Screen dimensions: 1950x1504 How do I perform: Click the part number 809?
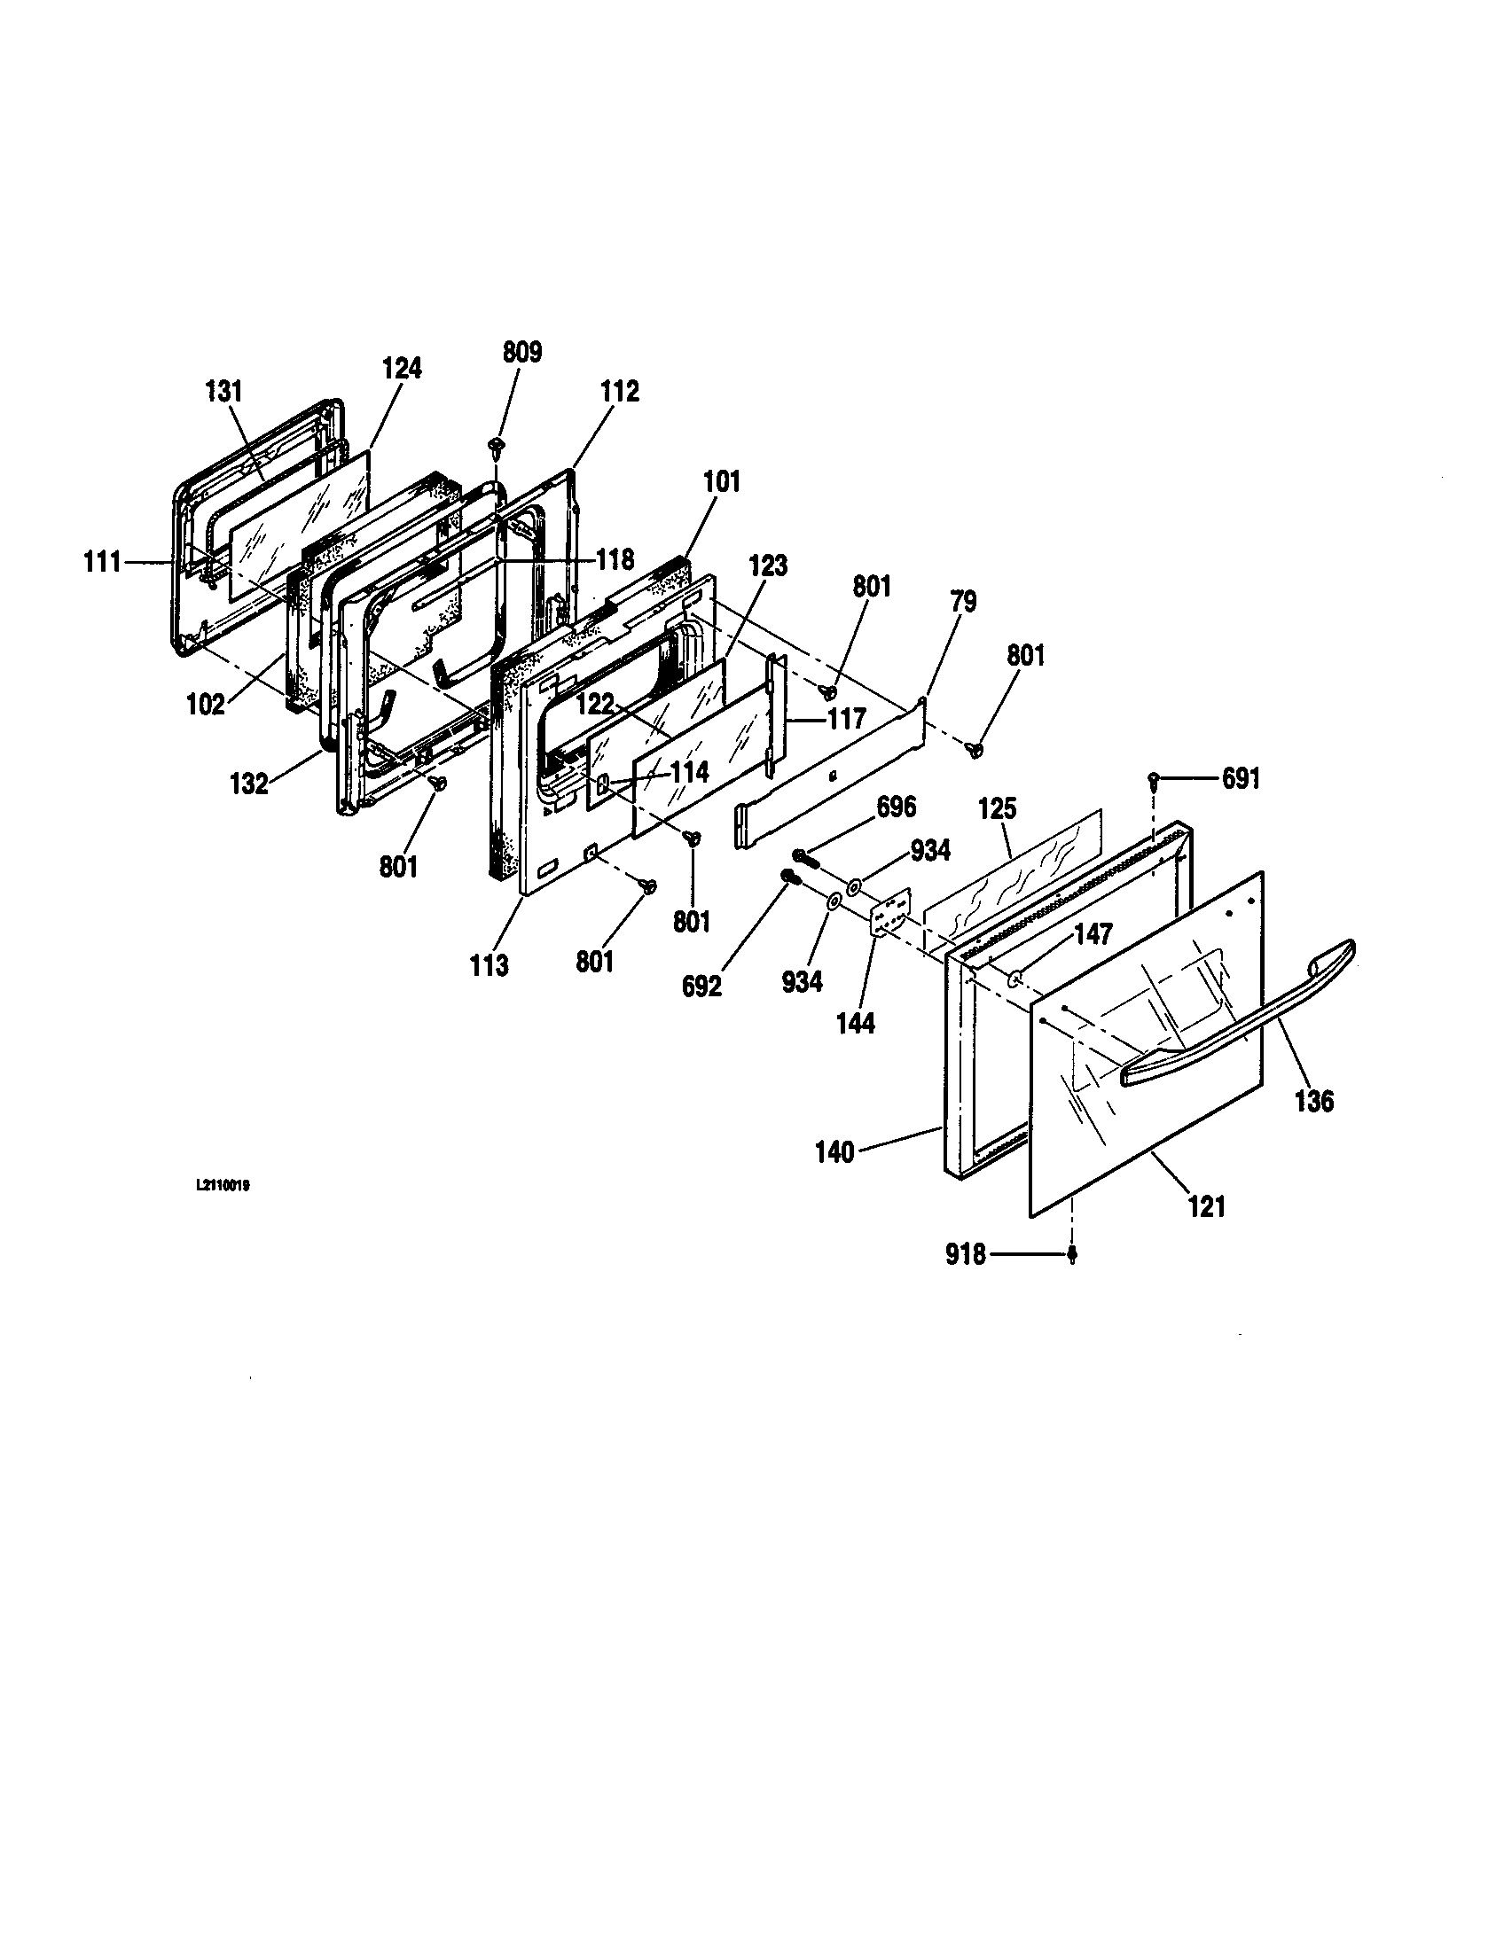[x=522, y=353]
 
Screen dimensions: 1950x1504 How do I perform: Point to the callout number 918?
[x=966, y=1255]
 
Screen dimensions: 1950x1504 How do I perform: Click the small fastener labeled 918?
[x=1073, y=1255]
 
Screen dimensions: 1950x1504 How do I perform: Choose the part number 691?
[x=1241, y=779]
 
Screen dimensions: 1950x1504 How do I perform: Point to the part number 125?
[x=998, y=809]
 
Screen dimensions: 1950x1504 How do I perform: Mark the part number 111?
[x=103, y=564]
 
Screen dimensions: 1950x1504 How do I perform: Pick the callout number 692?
[x=701, y=988]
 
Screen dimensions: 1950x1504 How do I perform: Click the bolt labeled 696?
[x=809, y=857]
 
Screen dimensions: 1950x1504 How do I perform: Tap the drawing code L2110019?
[x=222, y=1188]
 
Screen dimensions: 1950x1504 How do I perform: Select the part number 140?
[x=835, y=1152]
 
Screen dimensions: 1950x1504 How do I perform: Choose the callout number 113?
[x=490, y=965]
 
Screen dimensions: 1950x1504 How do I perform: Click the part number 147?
[x=1093, y=935]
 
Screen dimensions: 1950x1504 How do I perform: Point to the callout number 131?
[x=223, y=391]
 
